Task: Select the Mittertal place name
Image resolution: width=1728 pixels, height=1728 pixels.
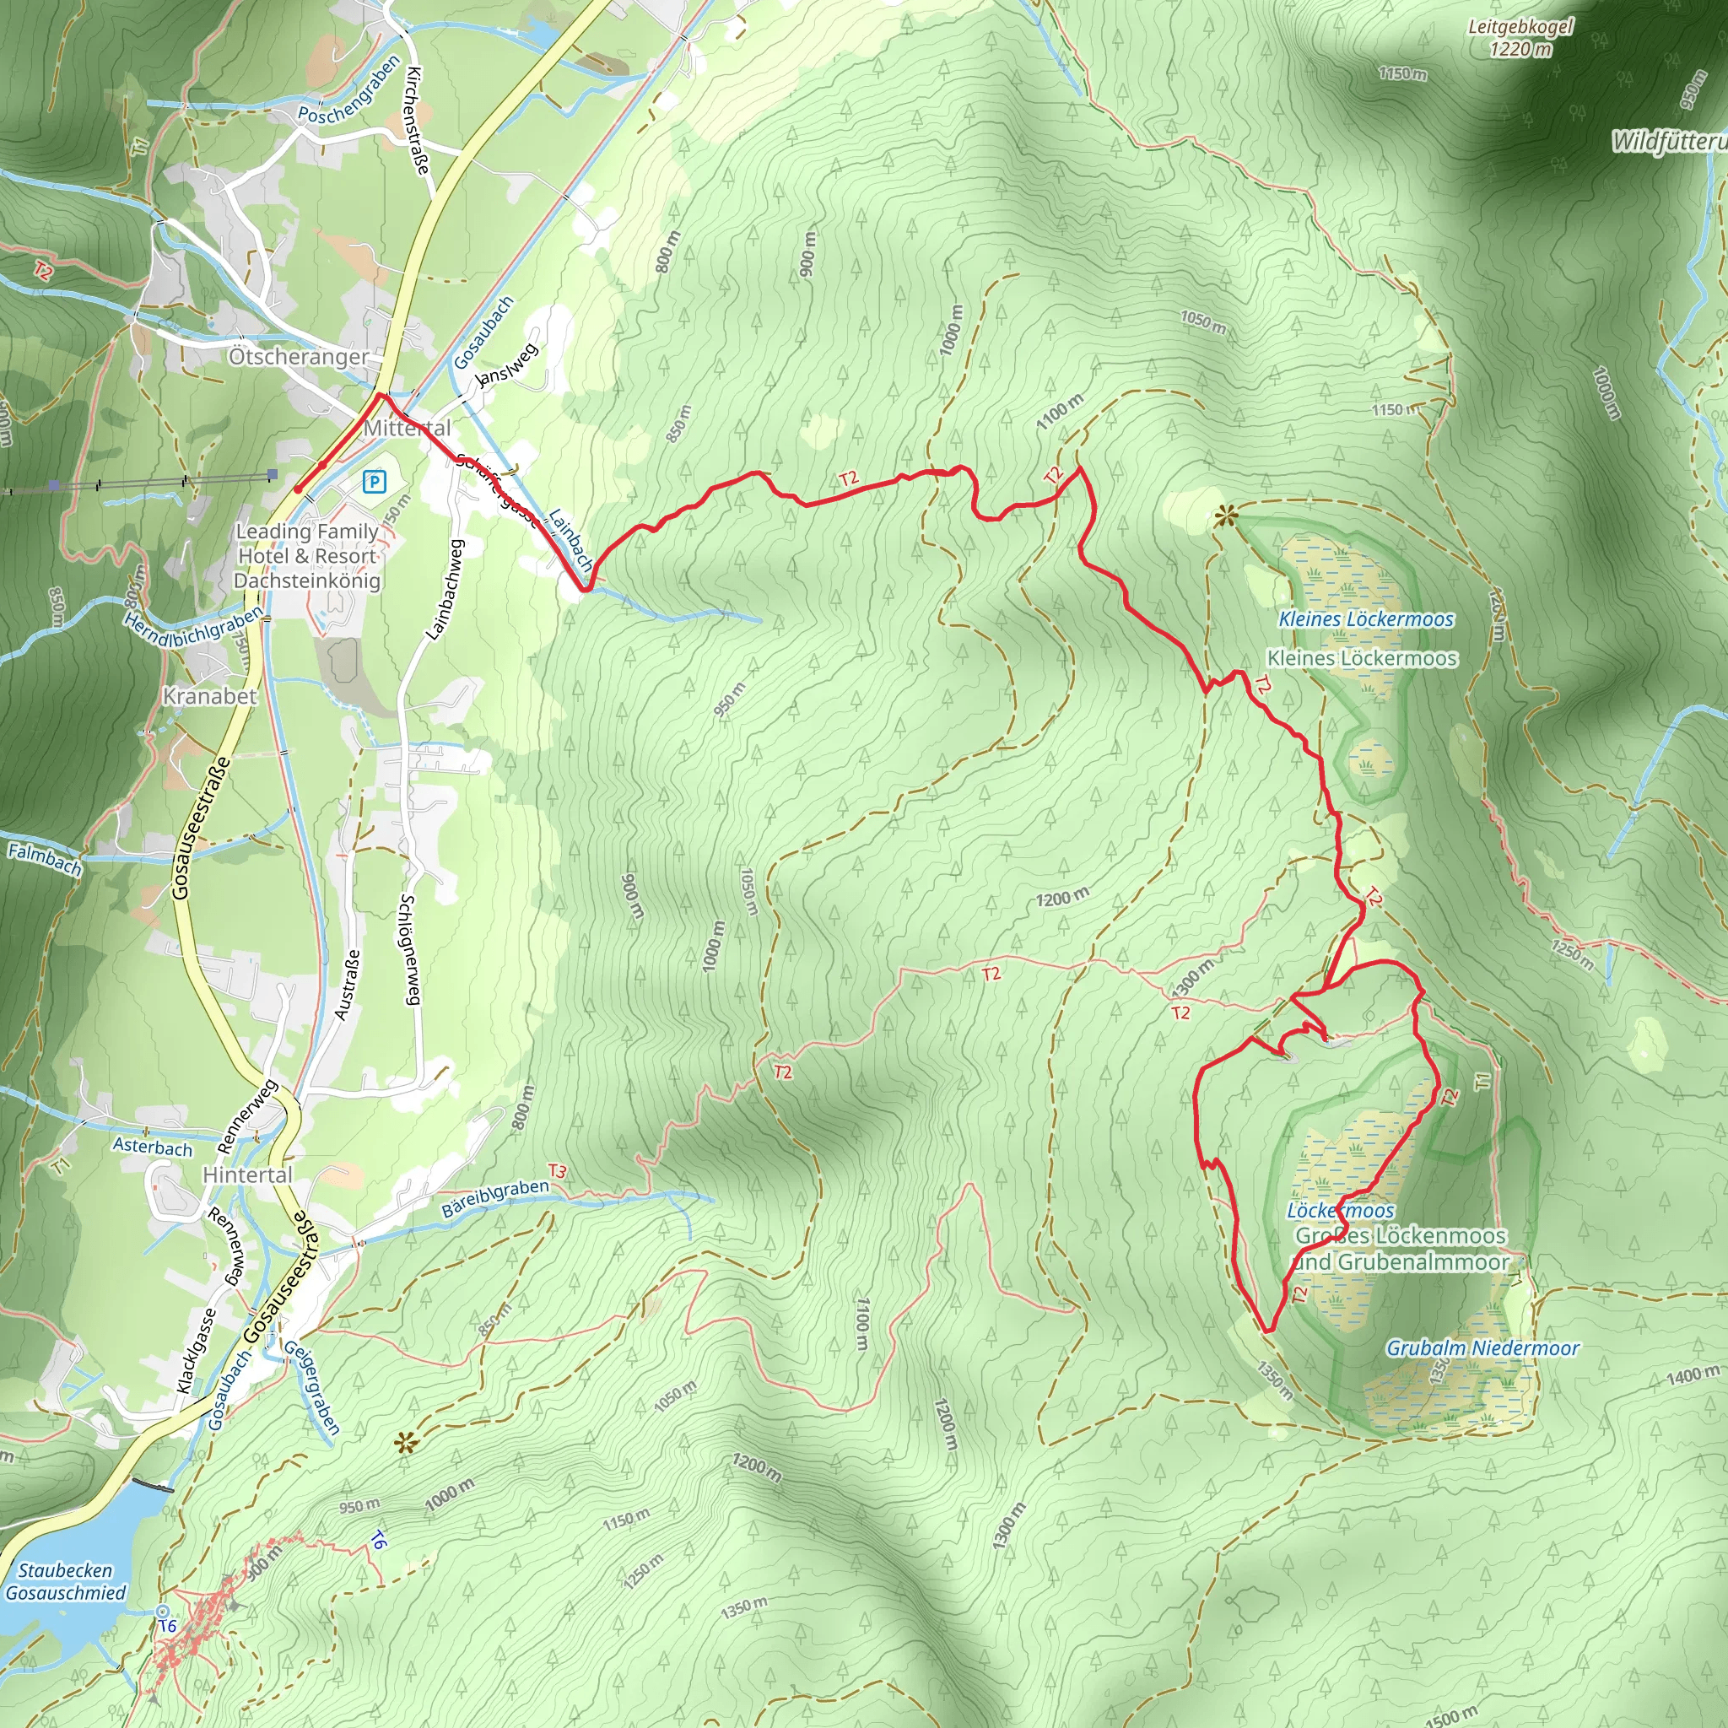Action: (407, 429)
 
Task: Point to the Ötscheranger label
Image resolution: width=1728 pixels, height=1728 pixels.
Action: (298, 357)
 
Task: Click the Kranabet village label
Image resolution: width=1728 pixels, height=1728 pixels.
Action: (209, 696)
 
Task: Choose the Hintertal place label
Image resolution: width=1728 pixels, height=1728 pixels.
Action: (247, 1175)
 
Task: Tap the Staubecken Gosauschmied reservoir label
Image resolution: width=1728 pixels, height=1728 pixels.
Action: (65, 1581)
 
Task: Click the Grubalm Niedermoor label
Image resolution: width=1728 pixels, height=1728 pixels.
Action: (1482, 1347)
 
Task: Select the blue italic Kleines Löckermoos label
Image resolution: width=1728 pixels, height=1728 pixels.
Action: (1366, 619)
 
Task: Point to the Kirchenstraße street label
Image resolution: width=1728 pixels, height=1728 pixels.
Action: (418, 120)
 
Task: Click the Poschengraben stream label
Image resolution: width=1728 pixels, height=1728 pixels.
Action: (348, 91)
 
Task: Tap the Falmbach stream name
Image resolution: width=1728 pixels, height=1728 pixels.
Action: (45, 859)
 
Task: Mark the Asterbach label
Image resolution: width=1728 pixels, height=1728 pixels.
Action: (152, 1147)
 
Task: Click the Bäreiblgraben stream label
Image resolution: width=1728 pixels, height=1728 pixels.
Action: (495, 1198)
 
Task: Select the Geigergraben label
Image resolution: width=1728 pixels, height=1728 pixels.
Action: (313, 1386)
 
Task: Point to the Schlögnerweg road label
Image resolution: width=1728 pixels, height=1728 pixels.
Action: (409, 949)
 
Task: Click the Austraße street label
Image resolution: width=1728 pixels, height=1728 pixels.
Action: (347, 985)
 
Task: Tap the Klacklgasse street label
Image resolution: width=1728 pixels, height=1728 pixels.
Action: (197, 1352)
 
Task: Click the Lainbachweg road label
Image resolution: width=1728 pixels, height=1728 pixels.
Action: (445, 590)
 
